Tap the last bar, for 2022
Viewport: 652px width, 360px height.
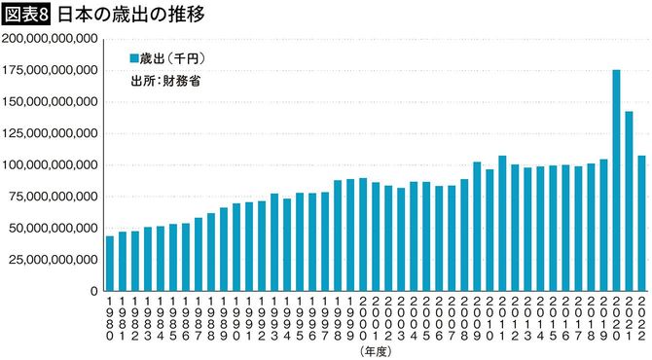(x=641, y=224)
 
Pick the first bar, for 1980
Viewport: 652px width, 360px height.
(x=110, y=263)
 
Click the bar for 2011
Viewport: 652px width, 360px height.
(x=502, y=224)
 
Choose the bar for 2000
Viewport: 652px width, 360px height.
(x=363, y=234)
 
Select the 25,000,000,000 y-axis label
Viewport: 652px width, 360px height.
(x=54, y=260)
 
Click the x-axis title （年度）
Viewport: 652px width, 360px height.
(x=376, y=349)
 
